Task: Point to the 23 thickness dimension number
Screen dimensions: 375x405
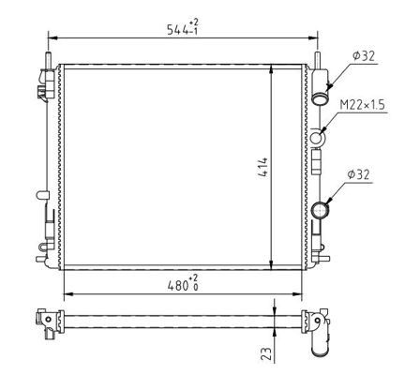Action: pyautogui.click(x=266, y=352)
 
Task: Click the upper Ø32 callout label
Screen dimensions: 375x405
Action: pyautogui.click(x=363, y=57)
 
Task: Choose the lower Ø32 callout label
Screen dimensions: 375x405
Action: pyautogui.click(x=363, y=173)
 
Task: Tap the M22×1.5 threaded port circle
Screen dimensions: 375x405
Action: pyautogui.click(x=321, y=139)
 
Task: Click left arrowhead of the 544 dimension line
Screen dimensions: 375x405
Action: pyautogui.click(x=51, y=38)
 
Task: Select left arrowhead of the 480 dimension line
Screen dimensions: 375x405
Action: pyautogui.click(x=65, y=291)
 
